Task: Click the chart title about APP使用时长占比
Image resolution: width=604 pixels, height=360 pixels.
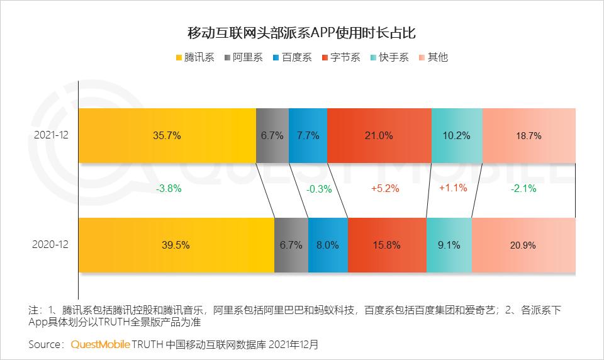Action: pos(302,32)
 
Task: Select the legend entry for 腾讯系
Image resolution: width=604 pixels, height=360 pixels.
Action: pos(194,57)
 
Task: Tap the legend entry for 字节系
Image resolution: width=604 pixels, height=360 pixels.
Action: pos(340,57)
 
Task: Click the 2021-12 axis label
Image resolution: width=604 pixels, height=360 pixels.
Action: pos(52,135)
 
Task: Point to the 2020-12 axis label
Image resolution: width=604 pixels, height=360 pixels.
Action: pos(52,245)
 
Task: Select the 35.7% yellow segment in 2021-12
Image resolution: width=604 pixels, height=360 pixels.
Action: pos(167,135)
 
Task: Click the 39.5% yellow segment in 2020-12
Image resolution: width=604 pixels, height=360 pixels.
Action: pos(176,245)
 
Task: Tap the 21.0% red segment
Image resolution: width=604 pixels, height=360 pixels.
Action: pos(379,135)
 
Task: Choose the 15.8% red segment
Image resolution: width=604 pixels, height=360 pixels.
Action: pos(387,245)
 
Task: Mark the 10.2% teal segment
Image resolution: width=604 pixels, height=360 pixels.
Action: pos(457,135)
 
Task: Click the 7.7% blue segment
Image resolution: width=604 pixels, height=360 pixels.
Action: pos(308,135)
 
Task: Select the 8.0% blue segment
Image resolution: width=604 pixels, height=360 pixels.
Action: pos(328,245)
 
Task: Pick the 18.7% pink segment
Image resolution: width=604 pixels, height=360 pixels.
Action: pos(528,135)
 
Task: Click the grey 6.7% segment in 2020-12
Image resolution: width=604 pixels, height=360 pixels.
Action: pos(291,245)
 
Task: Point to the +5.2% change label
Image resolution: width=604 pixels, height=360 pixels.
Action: pos(384,188)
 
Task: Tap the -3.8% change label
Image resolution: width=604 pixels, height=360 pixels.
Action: pos(167,188)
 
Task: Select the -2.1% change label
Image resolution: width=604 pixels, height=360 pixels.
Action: pos(523,188)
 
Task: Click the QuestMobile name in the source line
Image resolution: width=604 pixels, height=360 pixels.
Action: pos(101,344)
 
